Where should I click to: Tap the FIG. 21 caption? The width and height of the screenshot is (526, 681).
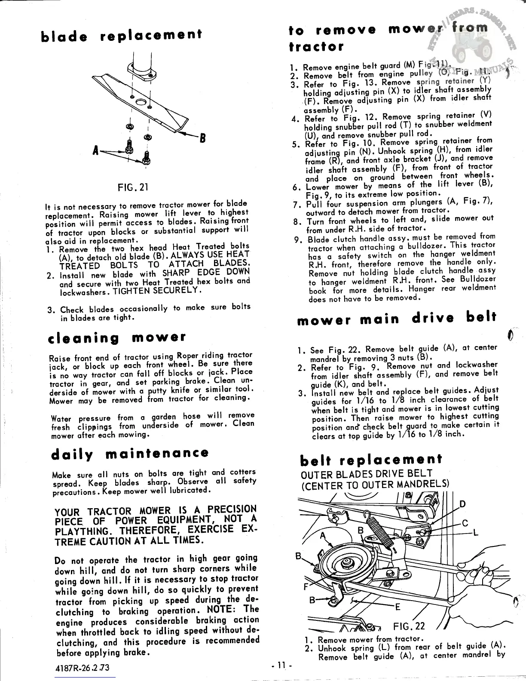133,187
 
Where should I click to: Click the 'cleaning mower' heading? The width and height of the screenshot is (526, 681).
117,337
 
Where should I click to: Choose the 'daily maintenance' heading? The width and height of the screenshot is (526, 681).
130,454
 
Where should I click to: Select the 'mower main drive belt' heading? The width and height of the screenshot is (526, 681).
396,319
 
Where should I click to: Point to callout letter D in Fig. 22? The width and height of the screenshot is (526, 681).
462,504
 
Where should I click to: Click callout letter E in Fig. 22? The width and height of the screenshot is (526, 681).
398,607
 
